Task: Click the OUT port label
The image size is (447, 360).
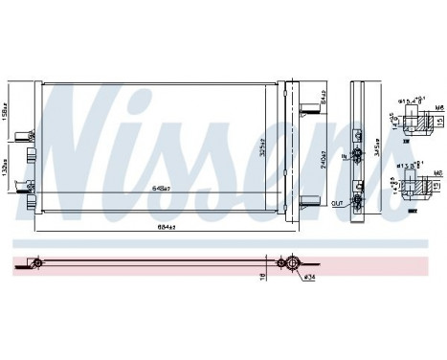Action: click(x=336, y=203)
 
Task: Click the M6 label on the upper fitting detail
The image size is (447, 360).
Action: click(x=436, y=107)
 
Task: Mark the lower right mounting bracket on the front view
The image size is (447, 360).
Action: click(x=304, y=199)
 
